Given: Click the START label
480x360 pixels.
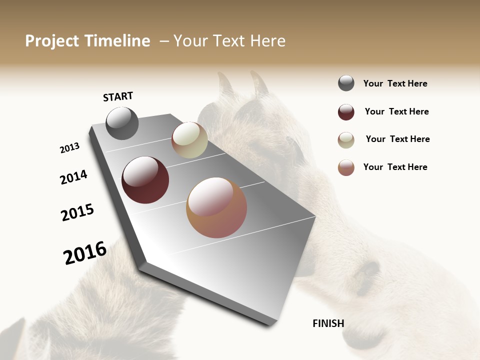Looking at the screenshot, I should pos(118,96).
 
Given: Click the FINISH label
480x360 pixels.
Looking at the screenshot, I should pos(328,323).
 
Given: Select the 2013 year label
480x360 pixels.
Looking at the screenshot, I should pos(69,148).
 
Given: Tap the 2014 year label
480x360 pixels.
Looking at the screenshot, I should pos(73,177).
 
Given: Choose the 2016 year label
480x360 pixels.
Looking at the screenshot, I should pos(85,252).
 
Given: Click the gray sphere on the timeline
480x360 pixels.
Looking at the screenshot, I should pos(122,123).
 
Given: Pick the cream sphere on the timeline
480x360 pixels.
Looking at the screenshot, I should pos(189,140).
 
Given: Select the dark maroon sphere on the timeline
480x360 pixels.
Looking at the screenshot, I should pos(145,179).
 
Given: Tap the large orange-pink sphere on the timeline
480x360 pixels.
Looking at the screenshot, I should pos(216,207).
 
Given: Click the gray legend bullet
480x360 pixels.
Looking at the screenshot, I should pos(346,83).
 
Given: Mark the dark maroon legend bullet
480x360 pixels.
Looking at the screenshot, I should pos(346,112).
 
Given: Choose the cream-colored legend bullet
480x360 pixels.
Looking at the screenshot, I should pos(346,140).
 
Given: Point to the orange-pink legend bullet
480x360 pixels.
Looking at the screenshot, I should pos(346,167).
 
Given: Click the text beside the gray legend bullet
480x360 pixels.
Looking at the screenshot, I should pos(395,83).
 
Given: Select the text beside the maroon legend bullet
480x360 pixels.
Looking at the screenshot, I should pos(396,111).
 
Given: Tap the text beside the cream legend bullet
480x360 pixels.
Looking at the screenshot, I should pos(397,139).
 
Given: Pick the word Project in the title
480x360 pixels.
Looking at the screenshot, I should pos(52,41).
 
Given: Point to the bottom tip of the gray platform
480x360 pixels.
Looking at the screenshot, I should pos(270,325).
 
